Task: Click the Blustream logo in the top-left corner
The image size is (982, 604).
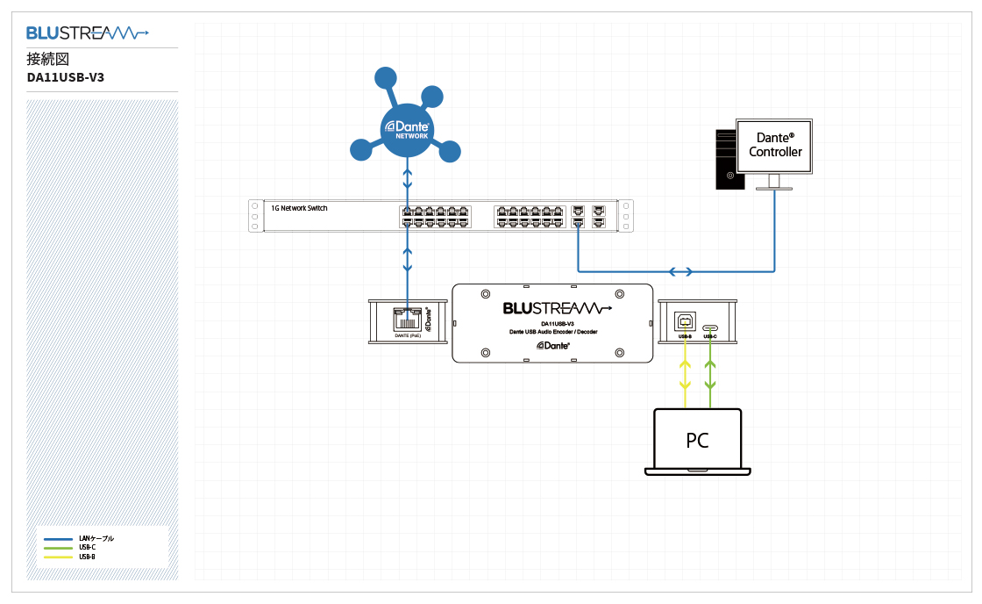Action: coord(87,33)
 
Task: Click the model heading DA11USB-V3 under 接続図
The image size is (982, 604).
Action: coord(66,77)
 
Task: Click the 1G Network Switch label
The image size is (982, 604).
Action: coord(300,208)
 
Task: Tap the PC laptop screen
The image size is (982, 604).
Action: coord(697,439)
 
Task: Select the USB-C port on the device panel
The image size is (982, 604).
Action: coord(710,323)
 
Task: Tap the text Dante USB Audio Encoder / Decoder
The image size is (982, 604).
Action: coord(552,332)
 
